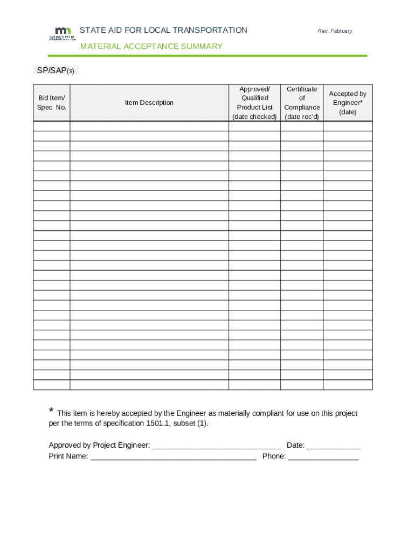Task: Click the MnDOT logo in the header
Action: point(62,33)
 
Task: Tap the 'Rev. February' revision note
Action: point(335,31)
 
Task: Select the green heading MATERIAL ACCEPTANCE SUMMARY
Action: point(151,46)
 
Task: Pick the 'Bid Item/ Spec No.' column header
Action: point(52,103)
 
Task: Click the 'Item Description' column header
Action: point(149,103)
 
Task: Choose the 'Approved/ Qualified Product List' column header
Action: point(254,103)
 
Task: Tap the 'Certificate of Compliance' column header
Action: point(302,103)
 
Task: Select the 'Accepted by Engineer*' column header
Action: point(348,103)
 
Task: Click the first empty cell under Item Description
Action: point(149,126)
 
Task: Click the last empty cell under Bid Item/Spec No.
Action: point(52,385)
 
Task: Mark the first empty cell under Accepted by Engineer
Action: point(348,126)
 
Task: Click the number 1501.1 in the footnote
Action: point(159,423)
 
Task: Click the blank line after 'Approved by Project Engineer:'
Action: point(217,446)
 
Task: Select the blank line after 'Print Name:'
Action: point(174,457)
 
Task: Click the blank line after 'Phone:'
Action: point(323,457)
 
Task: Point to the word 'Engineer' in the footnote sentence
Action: point(192,413)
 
